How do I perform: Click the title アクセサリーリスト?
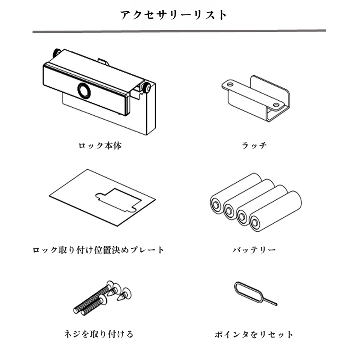[174, 15]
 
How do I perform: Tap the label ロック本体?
[100, 146]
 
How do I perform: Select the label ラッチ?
[254, 146]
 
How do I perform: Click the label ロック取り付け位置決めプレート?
[99, 250]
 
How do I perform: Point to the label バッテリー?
[254, 250]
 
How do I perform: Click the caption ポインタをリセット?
[254, 334]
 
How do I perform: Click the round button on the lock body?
[84, 90]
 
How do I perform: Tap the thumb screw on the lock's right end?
[147, 88]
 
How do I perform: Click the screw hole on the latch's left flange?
[230, 84]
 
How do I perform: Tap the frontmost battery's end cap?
[256, 221]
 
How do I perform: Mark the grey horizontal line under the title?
[179, 31]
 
